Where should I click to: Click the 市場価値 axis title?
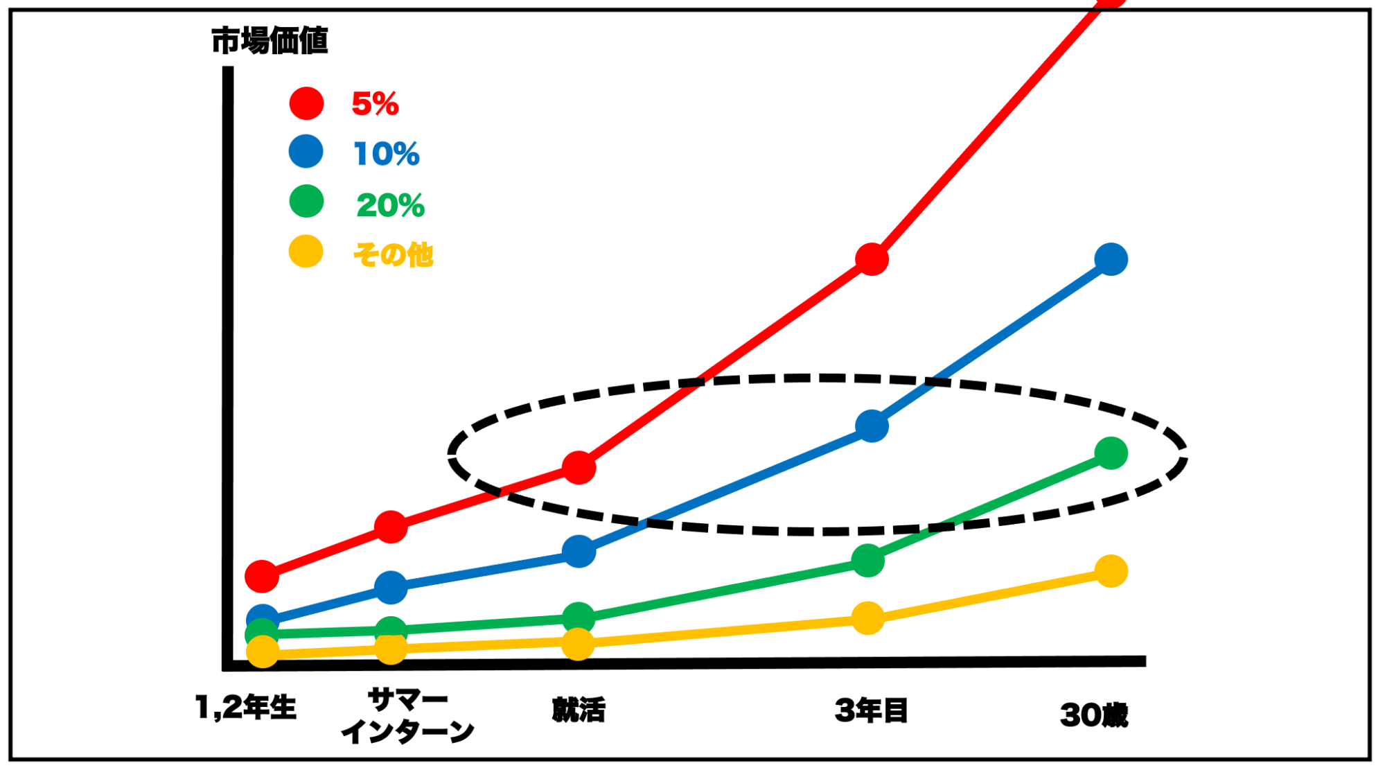270,41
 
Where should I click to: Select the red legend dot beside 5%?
306,103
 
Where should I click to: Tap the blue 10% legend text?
386,153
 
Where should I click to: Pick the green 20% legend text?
390,205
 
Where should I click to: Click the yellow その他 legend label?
393,254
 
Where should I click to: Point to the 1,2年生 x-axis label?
246,708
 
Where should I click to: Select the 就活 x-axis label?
579,710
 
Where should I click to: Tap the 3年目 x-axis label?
871,710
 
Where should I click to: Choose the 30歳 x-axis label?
1094,715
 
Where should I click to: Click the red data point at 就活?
579,467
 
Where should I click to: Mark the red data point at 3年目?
872,259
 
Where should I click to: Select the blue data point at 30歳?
1111,259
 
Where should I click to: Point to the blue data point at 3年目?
872,426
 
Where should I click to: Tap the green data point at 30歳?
1111,453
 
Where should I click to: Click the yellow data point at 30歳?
1111,571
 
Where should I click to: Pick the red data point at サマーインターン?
391,527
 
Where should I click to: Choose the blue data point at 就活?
579,551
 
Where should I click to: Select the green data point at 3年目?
867,560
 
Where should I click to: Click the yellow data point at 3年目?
867,618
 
